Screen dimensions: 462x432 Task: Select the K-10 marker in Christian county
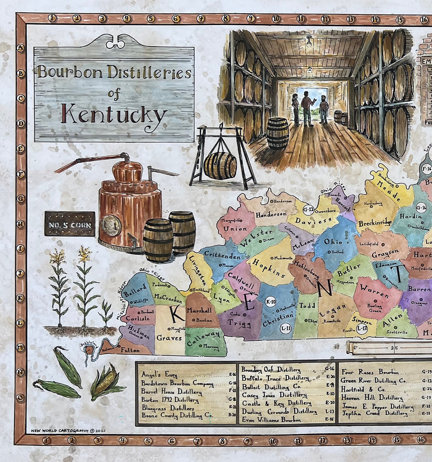click(270, 302)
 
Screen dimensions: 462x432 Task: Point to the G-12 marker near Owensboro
click(308, 210)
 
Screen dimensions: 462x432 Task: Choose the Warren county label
click(375, 291)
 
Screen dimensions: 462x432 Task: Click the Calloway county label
click(203, 338)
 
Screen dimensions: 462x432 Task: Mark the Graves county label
click(169, 338)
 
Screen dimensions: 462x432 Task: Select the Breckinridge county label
click(375, 224)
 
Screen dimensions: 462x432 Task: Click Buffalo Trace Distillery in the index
click(275, 378)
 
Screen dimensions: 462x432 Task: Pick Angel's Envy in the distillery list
click(159, 375)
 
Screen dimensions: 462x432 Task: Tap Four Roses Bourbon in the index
click(370, 372)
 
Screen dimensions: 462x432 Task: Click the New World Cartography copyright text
click(68, 431)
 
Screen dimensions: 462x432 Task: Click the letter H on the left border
click(21, 224)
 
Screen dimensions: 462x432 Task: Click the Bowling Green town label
click(375, 308)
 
